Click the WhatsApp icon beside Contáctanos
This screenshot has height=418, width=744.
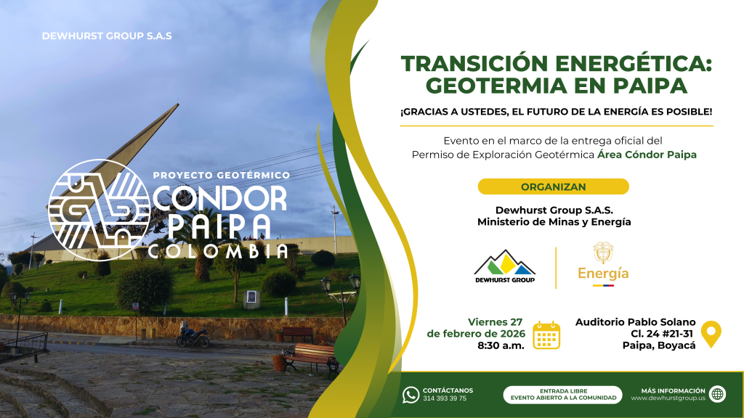pyautogui.click(x=411, y=395)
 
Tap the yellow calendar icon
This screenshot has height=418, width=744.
pyautogui.click(x=546, y=335)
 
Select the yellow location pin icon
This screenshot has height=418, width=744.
pyautogui.click(x=711, y=334)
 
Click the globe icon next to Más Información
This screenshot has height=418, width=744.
pyautogui.click(x=717, y=394)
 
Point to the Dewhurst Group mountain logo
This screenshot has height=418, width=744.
pyautogui.click(x=505, y=266)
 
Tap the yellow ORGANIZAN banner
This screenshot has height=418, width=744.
pyautogui.click(x=553, y=187)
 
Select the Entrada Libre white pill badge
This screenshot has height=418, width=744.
pyautogui.click(x=563, y=394)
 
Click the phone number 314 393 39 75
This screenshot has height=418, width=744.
pyautogui.click(x=445, y=398)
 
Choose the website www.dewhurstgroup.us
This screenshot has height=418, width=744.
pyautogui.click(x=668, y=398)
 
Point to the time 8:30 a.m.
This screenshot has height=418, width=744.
pyautogui.click(x=501, y=345)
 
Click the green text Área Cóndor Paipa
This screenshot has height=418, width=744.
pyautogui.click(x=647, y=155)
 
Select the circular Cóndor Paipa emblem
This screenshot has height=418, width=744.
pyautogui.click(x=99, y=210)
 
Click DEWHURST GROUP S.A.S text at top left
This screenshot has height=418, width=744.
pyautogui.click(x=107, y=36)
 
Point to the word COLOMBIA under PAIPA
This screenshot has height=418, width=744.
pyautogui.click(x=218, y=251)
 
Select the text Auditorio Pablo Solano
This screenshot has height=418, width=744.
pyautogui.click(x=635, y=322)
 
